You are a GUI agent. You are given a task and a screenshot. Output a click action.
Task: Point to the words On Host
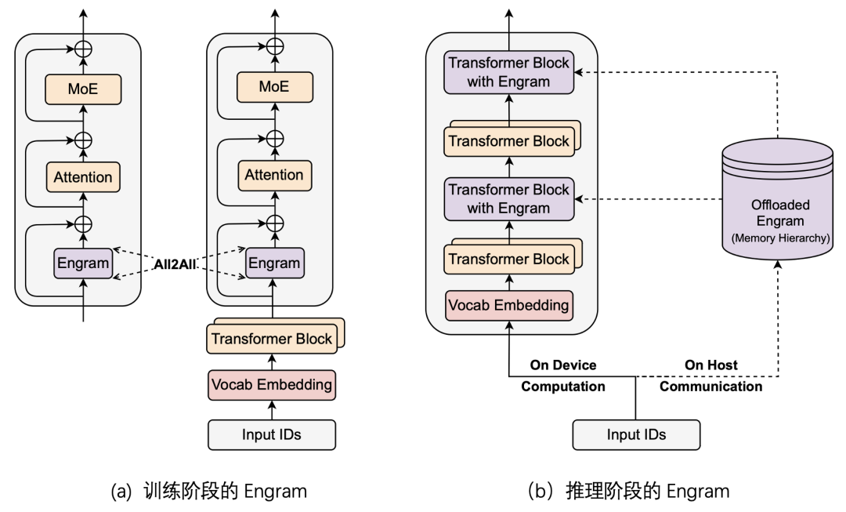click(x=710, y=365)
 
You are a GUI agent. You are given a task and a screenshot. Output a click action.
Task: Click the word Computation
click(x=563, y=386)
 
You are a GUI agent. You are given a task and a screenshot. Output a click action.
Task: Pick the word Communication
click(x=710, y=386)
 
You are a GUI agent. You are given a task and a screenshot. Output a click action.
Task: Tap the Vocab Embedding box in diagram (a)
click(x=271, y=385)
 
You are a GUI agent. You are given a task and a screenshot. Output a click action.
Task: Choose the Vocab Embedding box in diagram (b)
click(x=508, y=303)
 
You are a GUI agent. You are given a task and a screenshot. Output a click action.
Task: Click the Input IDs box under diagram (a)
click(x=271, y=434)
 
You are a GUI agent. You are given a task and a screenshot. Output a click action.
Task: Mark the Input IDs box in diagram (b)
click(x=635, y=434)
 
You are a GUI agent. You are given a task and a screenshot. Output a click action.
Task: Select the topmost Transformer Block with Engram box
click(x=508, y=73)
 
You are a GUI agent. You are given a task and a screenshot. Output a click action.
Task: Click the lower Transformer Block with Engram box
click(x=508, y=198)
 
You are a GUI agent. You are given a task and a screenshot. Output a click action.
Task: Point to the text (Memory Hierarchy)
click(x=779, y=238)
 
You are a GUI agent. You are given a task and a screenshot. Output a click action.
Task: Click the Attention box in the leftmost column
click(x=82, y=177)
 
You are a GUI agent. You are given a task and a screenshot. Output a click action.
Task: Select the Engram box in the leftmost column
click(x=82, y=263)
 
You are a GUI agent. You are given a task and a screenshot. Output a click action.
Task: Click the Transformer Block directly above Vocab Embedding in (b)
click(x=507, y=260)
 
